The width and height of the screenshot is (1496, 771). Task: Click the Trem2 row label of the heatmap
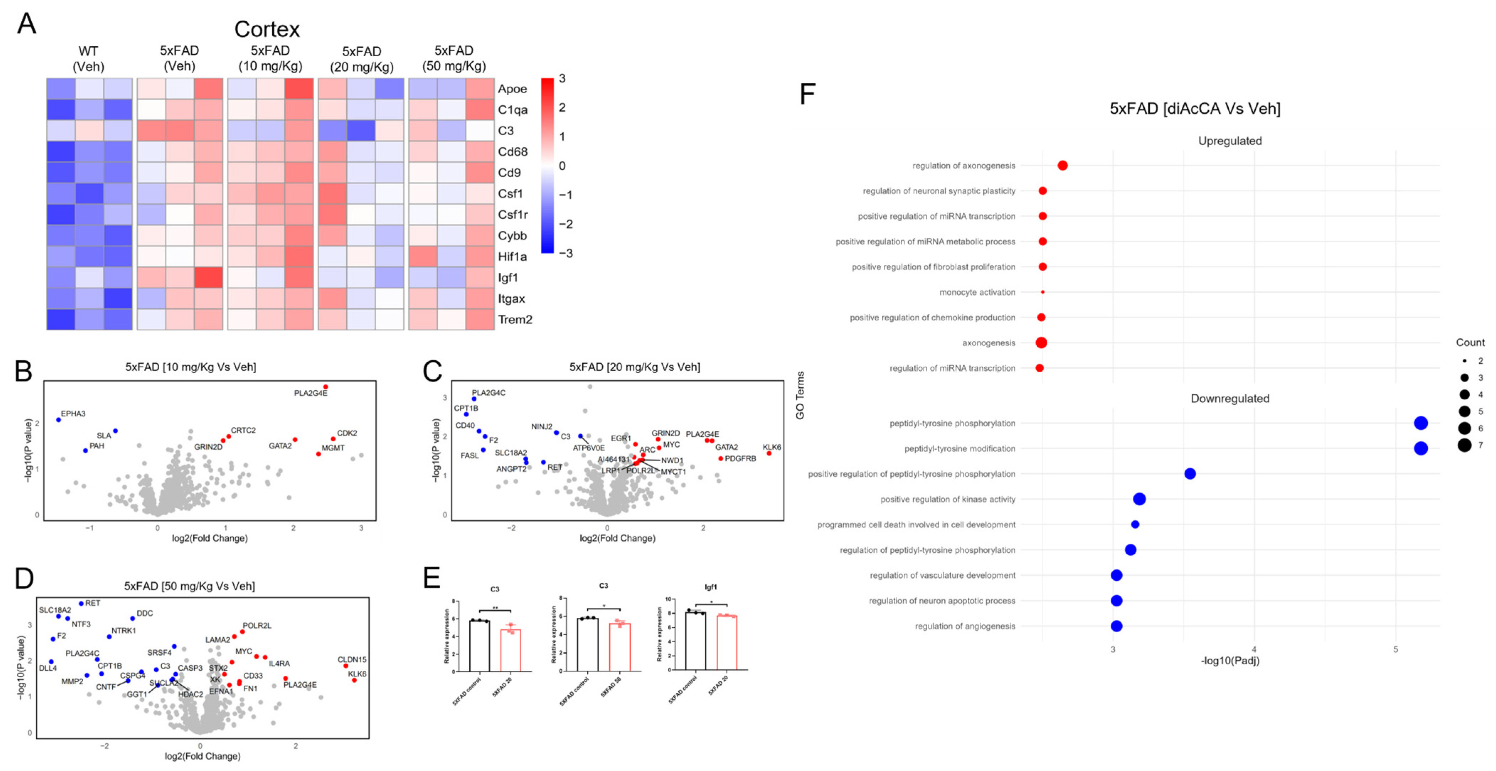(514, 320)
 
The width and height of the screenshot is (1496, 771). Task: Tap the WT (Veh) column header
(88, 59)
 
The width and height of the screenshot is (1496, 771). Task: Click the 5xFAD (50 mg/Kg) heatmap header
(454, 59)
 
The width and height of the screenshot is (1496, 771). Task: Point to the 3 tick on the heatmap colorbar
(562, 79)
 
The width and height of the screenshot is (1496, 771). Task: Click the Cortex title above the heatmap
(267, 29)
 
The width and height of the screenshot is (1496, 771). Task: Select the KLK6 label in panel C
(772, 447)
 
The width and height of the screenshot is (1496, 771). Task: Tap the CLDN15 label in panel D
(352, 659)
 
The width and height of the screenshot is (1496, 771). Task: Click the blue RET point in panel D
(81, 603)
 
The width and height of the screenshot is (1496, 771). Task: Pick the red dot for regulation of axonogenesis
(1062, 166)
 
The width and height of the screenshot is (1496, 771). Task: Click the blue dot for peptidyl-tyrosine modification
(1421, 448)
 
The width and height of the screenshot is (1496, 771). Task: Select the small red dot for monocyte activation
(1042, 292)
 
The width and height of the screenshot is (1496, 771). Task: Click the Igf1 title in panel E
(710, 587)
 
